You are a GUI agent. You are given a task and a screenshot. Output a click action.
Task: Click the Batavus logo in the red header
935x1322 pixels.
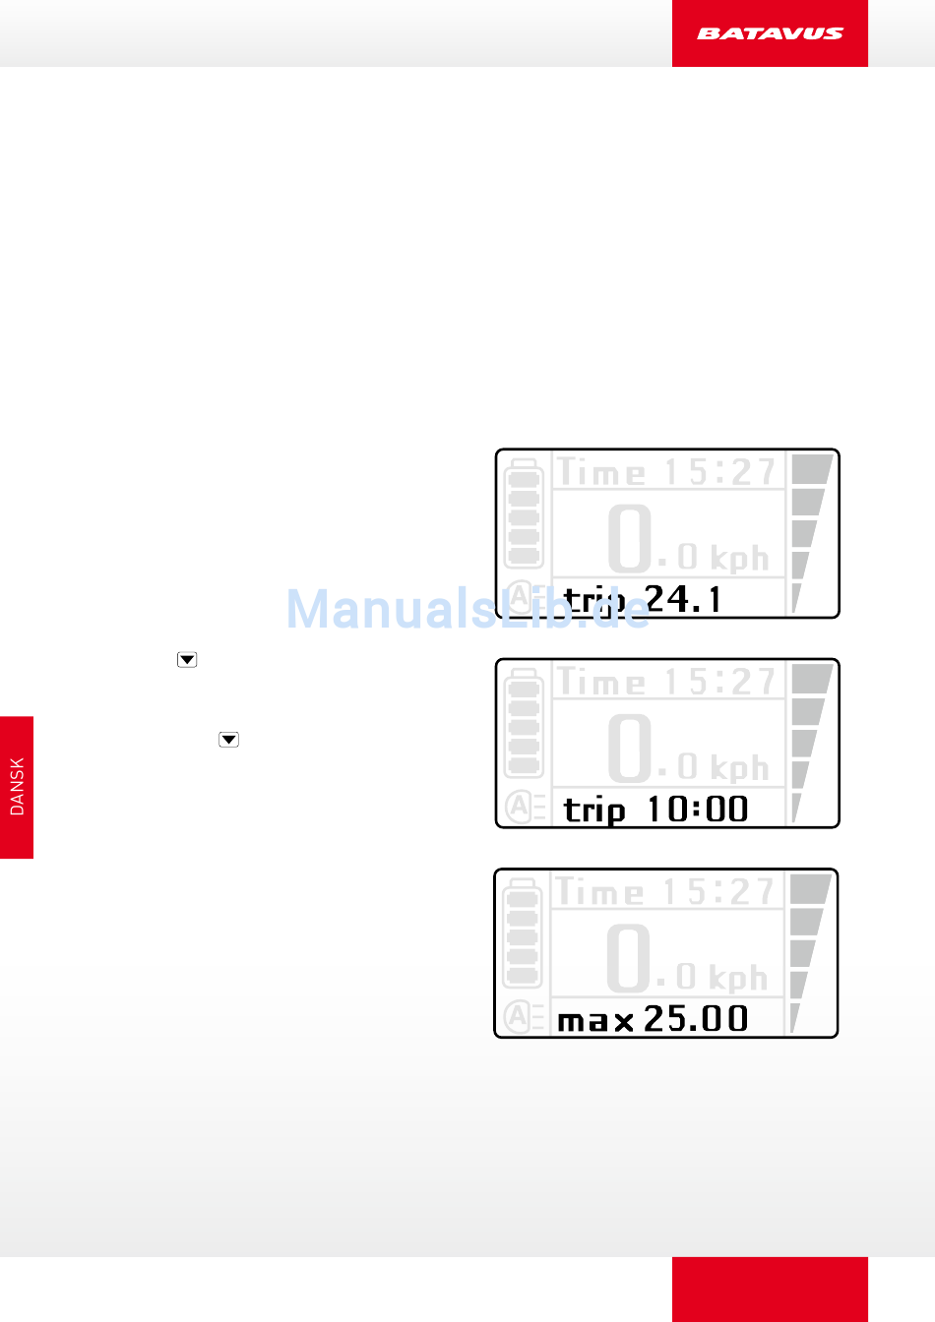(770, 33)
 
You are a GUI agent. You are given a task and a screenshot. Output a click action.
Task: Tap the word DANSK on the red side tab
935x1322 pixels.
(17, 787)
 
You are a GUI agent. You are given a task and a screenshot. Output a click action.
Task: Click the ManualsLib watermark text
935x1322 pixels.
(467, 609)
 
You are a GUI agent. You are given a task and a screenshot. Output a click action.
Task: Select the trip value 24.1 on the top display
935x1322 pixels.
(683, 599)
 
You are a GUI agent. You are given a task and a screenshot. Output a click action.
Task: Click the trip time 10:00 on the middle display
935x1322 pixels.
(698, 810)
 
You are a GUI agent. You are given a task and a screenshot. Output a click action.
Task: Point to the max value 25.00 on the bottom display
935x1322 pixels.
(696, 1019)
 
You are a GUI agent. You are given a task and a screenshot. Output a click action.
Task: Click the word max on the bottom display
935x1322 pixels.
(595, 1021)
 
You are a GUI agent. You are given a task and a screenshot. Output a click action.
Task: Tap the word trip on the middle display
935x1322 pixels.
(594, 811)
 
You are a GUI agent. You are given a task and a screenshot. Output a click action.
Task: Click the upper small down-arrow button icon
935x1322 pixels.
(187, 660)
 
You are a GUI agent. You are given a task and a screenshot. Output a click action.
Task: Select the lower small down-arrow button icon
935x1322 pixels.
(229, 740)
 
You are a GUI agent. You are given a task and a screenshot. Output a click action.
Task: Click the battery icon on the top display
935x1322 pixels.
(524, 513)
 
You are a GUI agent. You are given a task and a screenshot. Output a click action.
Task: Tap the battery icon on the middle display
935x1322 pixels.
(524, 723)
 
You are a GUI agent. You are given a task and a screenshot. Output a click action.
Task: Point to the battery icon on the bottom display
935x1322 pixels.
(522, 933)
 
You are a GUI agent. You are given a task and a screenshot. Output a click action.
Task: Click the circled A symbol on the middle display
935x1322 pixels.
(519, 807)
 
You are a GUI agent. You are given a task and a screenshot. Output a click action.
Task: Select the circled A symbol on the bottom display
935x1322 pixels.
(517, 1016)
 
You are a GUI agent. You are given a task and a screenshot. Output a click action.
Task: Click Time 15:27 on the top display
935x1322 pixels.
(667, 472)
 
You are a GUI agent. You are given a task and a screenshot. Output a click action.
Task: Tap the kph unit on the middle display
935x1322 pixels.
(739, 767)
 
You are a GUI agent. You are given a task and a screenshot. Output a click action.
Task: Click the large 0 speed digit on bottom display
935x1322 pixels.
(628, 957)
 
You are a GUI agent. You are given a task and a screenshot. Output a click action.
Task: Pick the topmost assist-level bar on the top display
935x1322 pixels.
(811, 468)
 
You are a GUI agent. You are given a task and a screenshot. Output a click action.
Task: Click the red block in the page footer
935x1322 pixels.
(770, 1289)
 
